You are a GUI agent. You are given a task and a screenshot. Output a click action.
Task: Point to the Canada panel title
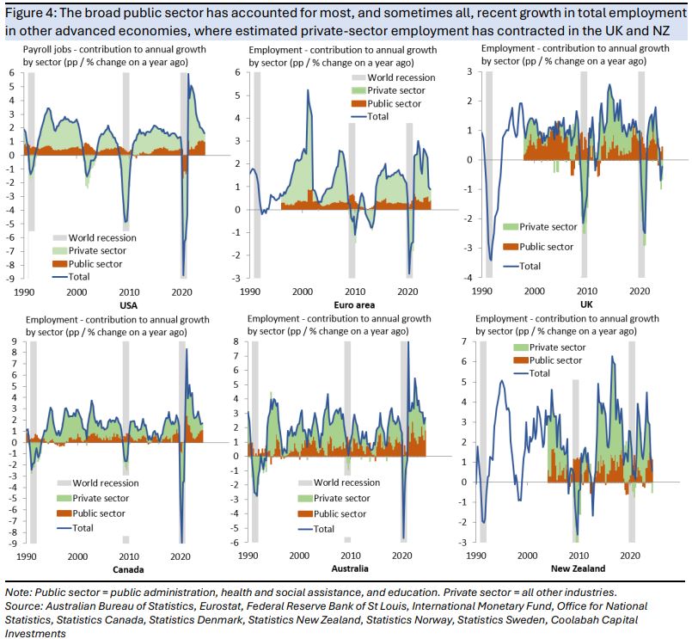tap(126, 569)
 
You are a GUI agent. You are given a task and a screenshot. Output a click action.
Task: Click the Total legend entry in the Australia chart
tap(324, 529)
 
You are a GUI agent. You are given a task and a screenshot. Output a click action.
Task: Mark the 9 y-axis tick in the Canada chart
tap(15, 342)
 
